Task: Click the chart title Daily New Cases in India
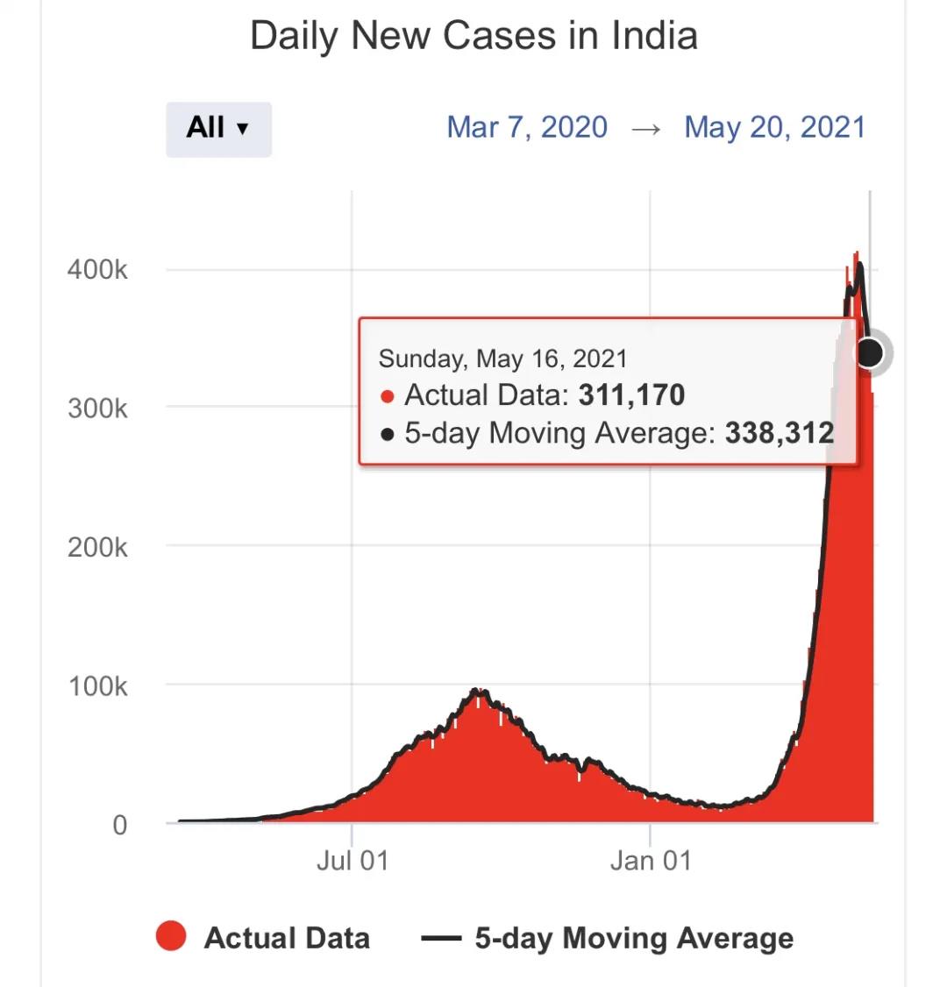tap(473, 37)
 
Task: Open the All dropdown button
tap(218, 128)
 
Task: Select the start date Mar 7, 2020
tap(527, 128)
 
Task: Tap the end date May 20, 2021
tap(774, 128)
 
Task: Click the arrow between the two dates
tap(645, 129)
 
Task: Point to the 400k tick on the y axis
tap(97, 269)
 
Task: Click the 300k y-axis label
tap(97, 408)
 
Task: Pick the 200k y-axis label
tap(97, 547)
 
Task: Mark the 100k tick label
tap(97, 685)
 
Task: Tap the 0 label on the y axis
tap(119, 825)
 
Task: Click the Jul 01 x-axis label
tap(352, 860)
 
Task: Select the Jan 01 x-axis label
tap(651, 860)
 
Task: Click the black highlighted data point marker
tap(869, 352)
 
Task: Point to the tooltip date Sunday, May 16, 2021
tap(502, 359)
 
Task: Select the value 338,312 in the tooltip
tap(779, 433)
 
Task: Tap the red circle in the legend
tap(171, 937)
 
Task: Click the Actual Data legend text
tap(287, 938)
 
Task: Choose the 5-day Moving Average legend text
tap(634, 938)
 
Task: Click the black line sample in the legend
tap(441, 939)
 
